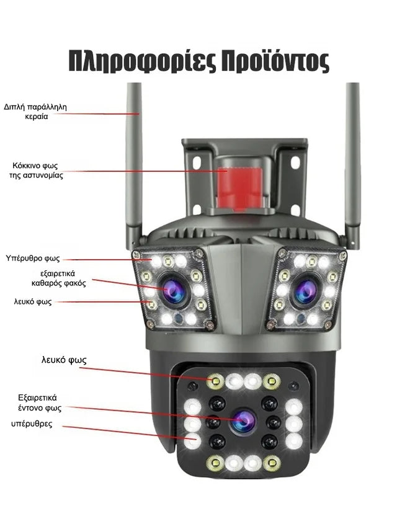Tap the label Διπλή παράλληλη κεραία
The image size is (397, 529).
35,112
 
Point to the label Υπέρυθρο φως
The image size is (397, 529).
33,257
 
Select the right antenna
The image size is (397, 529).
352,161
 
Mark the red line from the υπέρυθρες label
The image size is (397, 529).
124,432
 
